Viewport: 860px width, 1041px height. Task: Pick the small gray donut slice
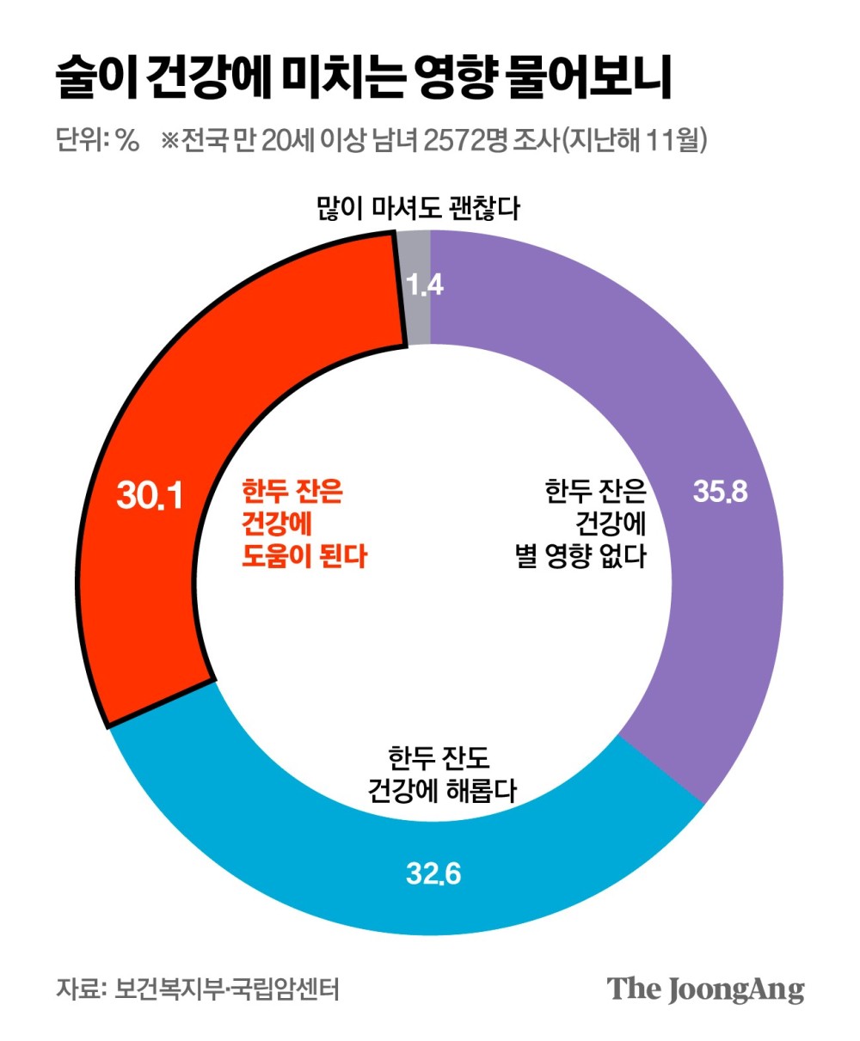pyautogui.click(x=418, y=258)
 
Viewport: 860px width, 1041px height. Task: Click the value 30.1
pyautogui.click(x=150, y=496)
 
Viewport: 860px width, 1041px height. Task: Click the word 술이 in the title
pyautogui.click(x=95, y=80)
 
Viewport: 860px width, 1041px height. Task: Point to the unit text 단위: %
pyautogui.click(x=97, y=140)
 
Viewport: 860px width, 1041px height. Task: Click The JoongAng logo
pyautogui.click(x=706, y=988)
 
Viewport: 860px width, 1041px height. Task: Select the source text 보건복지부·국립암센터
pyautogui.click(x=228, y=989)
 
